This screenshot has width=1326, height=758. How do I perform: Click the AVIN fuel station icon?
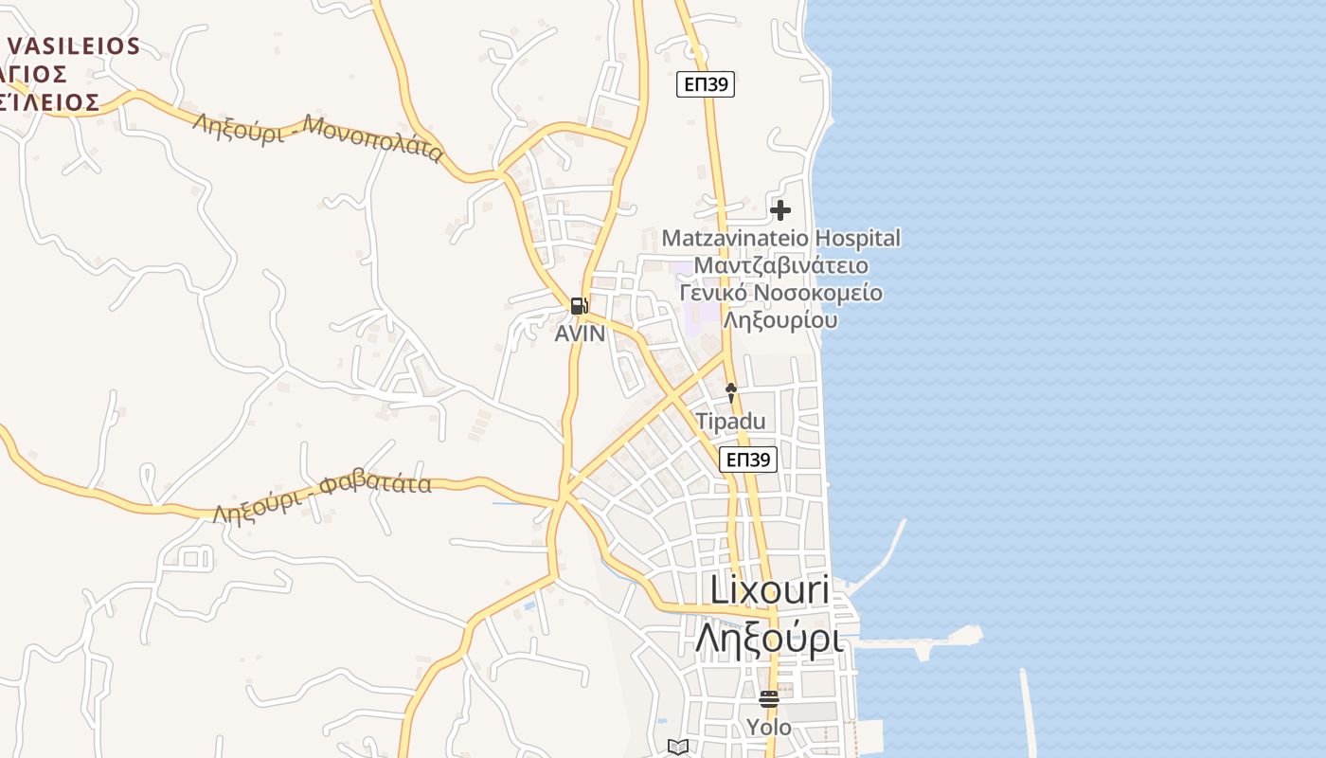point(579,305)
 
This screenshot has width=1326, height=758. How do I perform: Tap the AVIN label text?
point(580,334)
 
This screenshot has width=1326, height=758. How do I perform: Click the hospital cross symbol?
point(780,209)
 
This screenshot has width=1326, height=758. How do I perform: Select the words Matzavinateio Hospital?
point(781,238)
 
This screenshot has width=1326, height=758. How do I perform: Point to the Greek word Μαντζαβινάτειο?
point(781,265)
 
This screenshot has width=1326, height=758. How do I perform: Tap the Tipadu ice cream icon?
point(730,391)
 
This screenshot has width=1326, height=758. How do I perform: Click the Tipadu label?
point(730,422)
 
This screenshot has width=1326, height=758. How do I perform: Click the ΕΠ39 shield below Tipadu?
point(748,460)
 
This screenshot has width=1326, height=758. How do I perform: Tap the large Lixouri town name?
point(769,590)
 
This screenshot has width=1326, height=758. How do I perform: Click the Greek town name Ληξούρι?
point(769,638)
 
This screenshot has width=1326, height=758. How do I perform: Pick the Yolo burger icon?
point(768,699)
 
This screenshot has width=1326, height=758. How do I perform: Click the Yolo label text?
point(768,728)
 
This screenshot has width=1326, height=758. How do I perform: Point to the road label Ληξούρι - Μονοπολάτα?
point(318,136)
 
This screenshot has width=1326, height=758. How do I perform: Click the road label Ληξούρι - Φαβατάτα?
point(322,496)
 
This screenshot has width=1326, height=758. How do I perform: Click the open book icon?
point(677,747)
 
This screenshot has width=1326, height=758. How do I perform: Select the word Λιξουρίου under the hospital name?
point(781,320)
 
